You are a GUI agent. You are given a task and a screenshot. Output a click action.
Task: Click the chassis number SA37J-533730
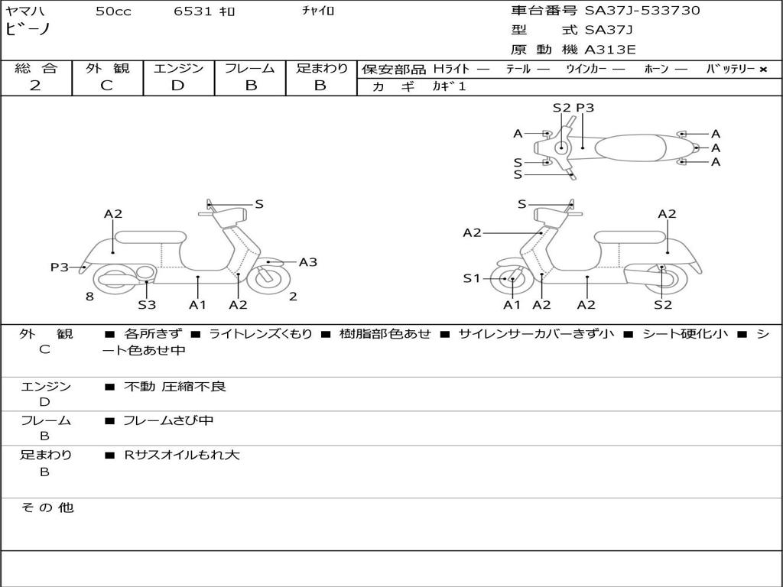(x=642, y=11)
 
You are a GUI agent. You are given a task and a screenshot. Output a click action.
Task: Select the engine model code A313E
(x=610, y=50)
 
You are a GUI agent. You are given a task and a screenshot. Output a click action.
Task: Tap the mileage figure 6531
(x=193, y=11)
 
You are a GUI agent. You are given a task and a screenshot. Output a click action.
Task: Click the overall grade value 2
(x=35, y=86)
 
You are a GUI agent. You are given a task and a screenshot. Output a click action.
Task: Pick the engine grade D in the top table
(x=177, y=86)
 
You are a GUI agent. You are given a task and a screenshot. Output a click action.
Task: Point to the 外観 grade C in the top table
(x=106, y=86)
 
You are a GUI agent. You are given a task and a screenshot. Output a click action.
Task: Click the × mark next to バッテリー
(x=763, y=70)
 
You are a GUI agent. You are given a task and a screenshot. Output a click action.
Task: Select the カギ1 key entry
(x=449, y=86)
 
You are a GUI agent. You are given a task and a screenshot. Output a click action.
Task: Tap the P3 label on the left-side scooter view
(x=59, y=267)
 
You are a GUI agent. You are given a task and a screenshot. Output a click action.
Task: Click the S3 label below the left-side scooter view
(x=147, y=304)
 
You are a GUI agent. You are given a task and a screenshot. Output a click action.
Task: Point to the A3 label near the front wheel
(x=308, y=262)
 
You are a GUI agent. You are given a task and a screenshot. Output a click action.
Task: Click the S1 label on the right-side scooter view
(x=471, y=278)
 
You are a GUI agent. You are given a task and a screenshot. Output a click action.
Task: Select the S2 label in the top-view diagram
(x=561, y=107)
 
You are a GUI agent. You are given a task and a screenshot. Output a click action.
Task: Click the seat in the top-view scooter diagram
(x=630, y=148)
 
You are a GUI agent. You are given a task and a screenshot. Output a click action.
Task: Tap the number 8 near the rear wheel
(x=89, y=297)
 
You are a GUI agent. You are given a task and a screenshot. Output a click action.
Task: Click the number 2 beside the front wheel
(x=293, y=297)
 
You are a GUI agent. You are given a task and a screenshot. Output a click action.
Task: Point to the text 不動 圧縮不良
(x=175, y=386)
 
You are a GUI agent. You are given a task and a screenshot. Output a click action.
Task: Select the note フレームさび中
(x=168, y=420)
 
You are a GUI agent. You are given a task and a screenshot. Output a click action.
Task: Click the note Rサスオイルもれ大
(x=182, y=455)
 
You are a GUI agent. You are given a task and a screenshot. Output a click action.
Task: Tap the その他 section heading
(x=47, y=508)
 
